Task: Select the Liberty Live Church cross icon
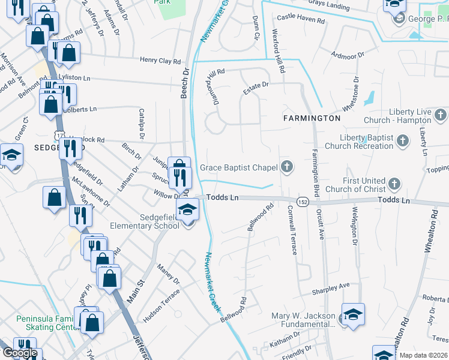tap(440, 114)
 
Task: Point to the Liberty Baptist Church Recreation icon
tap(402, 141)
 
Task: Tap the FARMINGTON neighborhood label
tap(312, 118)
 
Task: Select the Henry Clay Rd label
tap(160, 61)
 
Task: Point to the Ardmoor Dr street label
tap(348, 56)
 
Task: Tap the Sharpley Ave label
tap(330, 290)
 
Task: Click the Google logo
tap(20, 352)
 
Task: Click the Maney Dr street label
tap(169, 274)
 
